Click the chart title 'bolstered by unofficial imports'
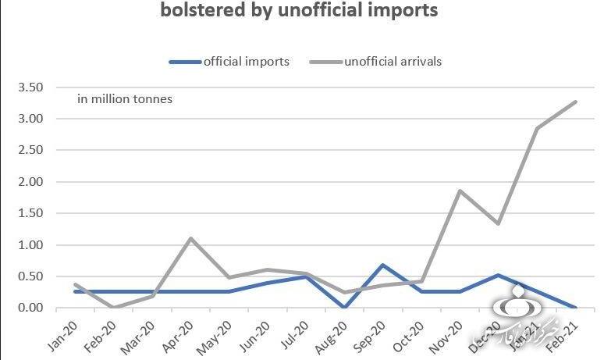click(299, 11)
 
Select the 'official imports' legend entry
click(231, 62)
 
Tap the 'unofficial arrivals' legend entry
click(378, 62)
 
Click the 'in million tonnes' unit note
click(125, 99)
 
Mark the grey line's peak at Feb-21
click(576, 102)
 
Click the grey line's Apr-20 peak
click(192, 238)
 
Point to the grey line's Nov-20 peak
click(459, 191)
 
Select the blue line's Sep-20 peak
click(384, 265)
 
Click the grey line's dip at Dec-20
click(498, 223)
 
